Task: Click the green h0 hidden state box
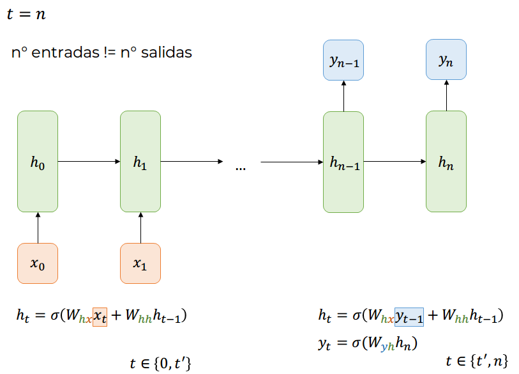tap(38, 162)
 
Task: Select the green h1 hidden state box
tap(140, 162)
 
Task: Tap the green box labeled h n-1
tap(343, 162)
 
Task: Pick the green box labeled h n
tap(446, 162)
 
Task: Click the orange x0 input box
tap(38, 263)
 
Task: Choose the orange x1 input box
tap(140, 263)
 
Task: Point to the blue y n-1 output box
tap(343, 60)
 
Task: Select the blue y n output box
tap(446, 60)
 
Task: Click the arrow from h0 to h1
tap(89, 162)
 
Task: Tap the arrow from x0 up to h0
tap(38, 228)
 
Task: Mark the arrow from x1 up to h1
tap(140, 228)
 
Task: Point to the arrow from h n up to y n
tap(446, 96)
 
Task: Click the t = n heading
tap(26, 14)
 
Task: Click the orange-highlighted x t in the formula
tap(100, 316)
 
